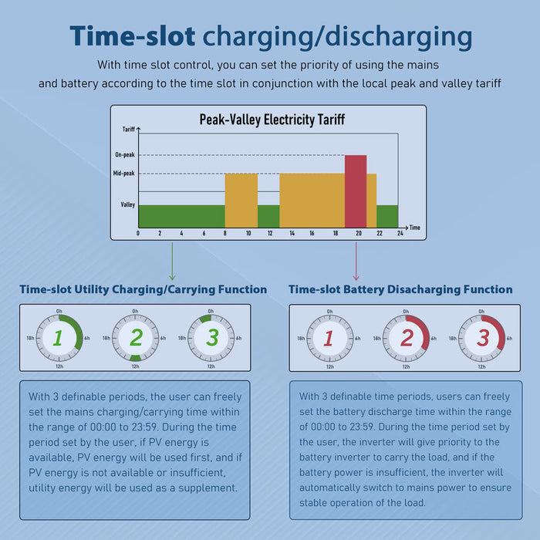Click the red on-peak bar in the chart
[x=356, y=191]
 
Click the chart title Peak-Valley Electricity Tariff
[x=272, y=120]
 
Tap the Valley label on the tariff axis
[x=127, y=204]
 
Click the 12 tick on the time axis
[x=268, y=233]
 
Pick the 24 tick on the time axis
[x=398, y=233]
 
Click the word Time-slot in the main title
[x=132, y=36]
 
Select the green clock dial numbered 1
[x=59, y=337]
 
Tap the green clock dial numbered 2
[x=136, y=337]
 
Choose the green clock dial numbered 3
[x=212, y=337]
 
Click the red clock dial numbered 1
[x=329, y=338]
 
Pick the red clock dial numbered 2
[x=407, y=338]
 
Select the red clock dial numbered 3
[x=482, y=338]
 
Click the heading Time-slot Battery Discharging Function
[x=400, y=290]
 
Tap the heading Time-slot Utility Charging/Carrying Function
[x=143, y=290]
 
